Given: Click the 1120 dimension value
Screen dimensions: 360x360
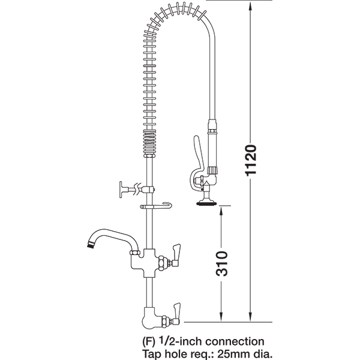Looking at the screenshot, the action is tap(250, 160).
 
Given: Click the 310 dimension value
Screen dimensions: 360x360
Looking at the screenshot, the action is tap(221, 263).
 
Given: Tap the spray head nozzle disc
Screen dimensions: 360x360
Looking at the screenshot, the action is tap(206, 203).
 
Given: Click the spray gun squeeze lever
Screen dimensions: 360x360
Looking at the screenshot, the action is tap(197, 158).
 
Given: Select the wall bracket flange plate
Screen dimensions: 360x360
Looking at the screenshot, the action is tap(121, 190).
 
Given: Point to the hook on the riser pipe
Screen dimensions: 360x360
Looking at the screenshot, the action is tap(155, 206).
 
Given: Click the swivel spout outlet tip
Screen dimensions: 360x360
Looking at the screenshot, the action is tap(90, 245).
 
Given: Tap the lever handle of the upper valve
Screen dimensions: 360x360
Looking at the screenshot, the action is tap(176, 255).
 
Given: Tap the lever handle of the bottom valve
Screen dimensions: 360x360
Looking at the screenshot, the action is tap(176, 314).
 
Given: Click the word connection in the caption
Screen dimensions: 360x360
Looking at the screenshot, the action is tap(235, 341).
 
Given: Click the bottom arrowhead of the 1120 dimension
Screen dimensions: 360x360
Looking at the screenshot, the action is tap(250, 317).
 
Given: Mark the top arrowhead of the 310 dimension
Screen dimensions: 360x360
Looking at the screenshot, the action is tap(221, 210).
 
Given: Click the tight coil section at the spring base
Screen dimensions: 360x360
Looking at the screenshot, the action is tap(148, 142).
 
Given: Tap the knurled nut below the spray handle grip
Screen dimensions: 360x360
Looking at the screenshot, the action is tap(212, 170).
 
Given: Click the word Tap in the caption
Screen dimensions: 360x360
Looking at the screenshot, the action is tap(151, 353).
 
